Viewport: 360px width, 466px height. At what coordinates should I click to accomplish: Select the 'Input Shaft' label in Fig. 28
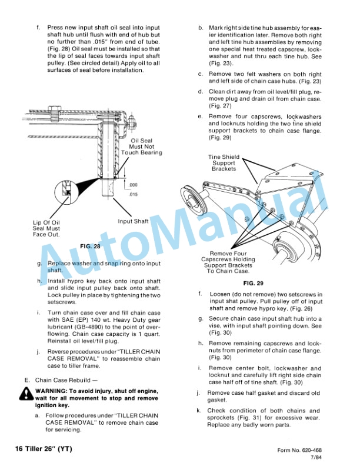[134, 222]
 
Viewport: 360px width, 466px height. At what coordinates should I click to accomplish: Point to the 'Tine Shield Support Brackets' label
[224, 163]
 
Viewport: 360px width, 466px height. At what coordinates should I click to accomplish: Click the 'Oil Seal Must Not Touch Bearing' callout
[142, 147]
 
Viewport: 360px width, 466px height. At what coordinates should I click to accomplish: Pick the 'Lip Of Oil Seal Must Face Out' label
[47, 228]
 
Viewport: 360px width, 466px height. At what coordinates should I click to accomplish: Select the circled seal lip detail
[65, 192]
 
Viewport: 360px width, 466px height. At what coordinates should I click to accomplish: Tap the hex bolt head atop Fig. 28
[54, 109]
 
